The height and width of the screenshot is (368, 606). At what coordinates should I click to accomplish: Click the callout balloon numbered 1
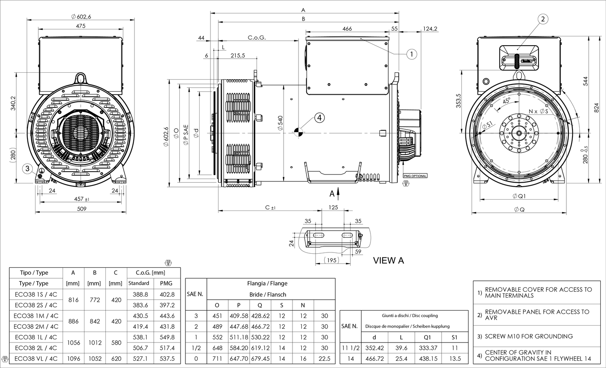click(x=412, y=55)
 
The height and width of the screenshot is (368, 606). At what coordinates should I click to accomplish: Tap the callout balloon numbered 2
click(x=543, y=19)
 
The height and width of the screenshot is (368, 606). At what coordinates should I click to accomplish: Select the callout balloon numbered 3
click(x=27, y=168)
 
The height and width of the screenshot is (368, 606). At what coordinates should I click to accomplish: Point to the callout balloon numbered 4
click(x=320, y=118)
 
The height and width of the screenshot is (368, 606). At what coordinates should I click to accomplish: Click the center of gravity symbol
click(x=299, y=132)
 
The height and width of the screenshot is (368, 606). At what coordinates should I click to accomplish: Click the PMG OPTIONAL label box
click(x=415, y=176)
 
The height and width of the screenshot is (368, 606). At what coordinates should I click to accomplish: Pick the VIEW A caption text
click(x=389, y=260)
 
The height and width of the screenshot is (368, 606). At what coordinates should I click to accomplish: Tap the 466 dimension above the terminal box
click(x=347, y=29)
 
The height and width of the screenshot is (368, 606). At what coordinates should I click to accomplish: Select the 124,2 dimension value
click(x=430, y=29)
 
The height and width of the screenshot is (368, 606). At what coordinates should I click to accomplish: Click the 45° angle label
click(x=507, y=101)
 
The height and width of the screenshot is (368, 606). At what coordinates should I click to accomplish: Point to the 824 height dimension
click(x=597, y=108)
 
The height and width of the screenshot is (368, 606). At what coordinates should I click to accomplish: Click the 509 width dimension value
click(x=82, y=209)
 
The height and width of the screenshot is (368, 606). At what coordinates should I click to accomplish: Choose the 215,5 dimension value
click(x=238, y=55)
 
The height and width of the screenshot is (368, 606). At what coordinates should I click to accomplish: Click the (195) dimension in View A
click(x=331, y=260)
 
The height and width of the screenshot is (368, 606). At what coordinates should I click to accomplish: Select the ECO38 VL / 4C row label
click(x=36, y=359)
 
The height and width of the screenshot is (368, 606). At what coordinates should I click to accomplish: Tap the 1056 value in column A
click(x=74, y=343)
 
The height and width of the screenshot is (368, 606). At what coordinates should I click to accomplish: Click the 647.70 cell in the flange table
click(x=239, y=359)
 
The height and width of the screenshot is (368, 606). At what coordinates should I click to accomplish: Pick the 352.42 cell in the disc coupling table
click(x=375, y=348)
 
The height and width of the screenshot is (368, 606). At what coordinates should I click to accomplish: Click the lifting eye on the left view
click(x=81, y=78)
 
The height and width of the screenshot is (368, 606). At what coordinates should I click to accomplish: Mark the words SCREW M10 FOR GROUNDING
click(x=528, y=336)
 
